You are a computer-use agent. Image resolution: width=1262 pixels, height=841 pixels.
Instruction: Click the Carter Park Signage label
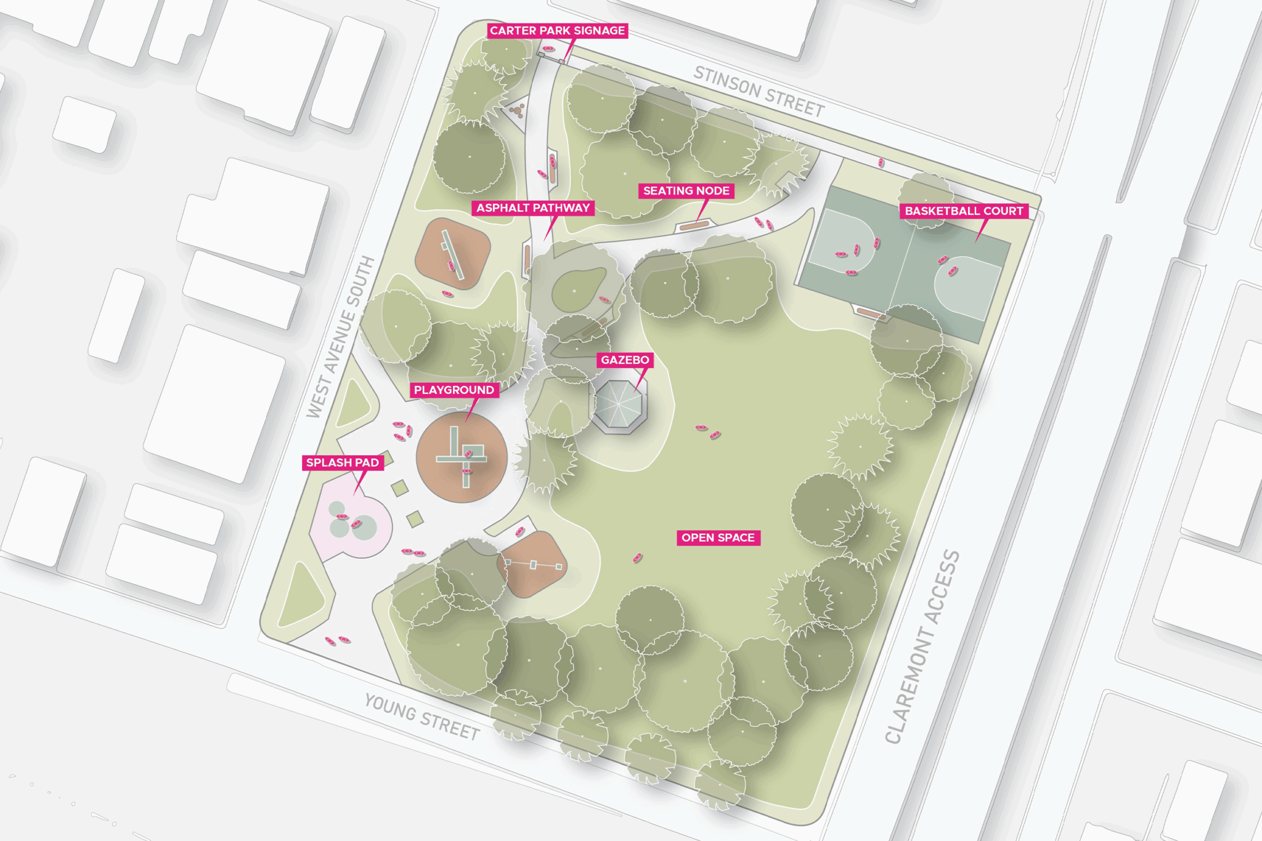click(x=557, y=31)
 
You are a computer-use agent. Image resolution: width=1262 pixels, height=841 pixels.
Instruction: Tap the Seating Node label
click(x=686, y=191)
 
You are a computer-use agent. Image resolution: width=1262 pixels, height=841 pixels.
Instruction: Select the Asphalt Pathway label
click(x=533, y=208)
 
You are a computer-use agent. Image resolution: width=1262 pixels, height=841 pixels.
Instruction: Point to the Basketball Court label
click(x=964, y=211)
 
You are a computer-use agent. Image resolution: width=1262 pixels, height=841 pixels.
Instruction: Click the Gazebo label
click(x=625, y=360)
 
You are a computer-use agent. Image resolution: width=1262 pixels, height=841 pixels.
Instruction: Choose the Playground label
click(x=454, y=390)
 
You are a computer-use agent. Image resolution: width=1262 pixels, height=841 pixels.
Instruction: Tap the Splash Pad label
click(x=343, y=463)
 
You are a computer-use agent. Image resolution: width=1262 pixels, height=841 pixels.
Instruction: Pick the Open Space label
click(x=718, y=538)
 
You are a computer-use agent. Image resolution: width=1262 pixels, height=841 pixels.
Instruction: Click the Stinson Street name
click(x=759, y=92)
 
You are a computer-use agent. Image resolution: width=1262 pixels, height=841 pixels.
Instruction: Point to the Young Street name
click(x=422, y=717)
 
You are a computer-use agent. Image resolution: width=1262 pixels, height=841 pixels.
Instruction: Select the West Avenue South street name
click(x=341, y=337)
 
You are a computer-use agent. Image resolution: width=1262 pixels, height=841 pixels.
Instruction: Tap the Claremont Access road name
click(x=922, y=646)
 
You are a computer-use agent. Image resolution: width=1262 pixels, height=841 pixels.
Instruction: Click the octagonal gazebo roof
click(x=621, y=407)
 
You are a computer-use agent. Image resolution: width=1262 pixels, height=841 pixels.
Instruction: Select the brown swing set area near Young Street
click(x=532, y=563)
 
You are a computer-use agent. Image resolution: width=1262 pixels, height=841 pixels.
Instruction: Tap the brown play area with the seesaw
click(x=453, y=253)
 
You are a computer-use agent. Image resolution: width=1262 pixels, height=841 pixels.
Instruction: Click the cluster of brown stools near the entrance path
click(x=517, y=111)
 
